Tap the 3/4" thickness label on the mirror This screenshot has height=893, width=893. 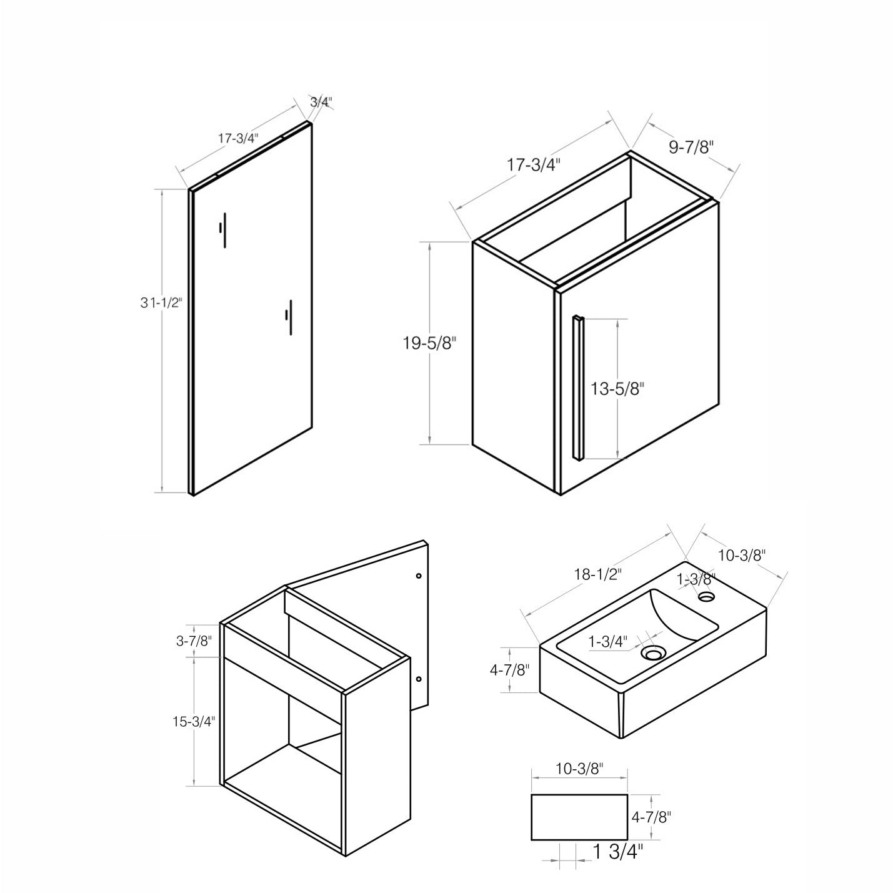[x=321, y=101]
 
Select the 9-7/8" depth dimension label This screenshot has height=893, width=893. [x=691, y=148]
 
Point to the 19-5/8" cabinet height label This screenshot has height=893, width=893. [x=429, y=343]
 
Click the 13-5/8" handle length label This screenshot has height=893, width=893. [x=617, y=388]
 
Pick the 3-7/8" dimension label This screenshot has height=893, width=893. [x=194, y=641]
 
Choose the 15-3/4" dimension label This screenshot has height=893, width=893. [x=194, y=722]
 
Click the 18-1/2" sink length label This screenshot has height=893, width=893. [x=598, y=575]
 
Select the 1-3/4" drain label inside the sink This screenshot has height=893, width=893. [x=608, y=641]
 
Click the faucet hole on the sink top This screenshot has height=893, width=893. [x=706, y=596]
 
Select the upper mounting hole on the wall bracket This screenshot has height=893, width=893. [x=419, y=576]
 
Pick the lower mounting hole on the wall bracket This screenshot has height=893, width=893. [x=419, y=679]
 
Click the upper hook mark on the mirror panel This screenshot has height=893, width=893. [x=223, y=231]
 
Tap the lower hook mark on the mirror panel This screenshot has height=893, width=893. [x=289, y=317]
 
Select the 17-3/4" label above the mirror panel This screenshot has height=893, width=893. [x=238, y=138]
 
